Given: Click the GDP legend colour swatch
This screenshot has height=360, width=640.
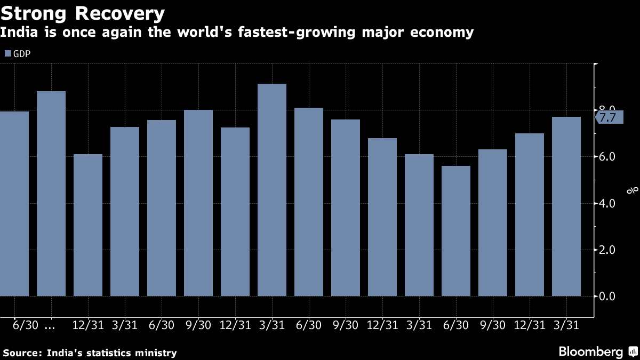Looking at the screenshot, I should pos(7,54).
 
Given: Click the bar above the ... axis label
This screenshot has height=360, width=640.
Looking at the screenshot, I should pos(51,193).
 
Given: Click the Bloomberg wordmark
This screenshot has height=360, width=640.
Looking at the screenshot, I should pos(590,352).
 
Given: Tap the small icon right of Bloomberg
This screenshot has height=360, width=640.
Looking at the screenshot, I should pos(633,351).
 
